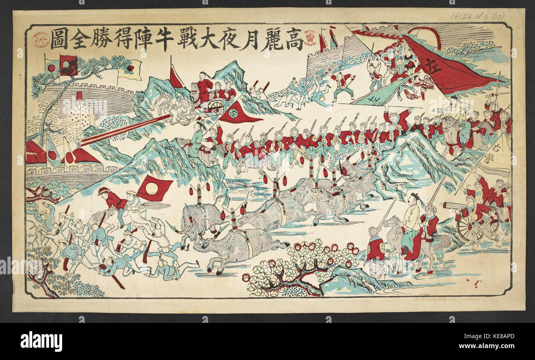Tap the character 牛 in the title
(x=159, y=40)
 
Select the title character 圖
(x=58, y=40)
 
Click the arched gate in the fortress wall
(x=81, y=117)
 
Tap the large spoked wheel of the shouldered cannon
(x=470, y=228)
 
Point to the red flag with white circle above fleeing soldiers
(x=154, y=188)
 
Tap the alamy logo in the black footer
(x=41, y=341)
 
